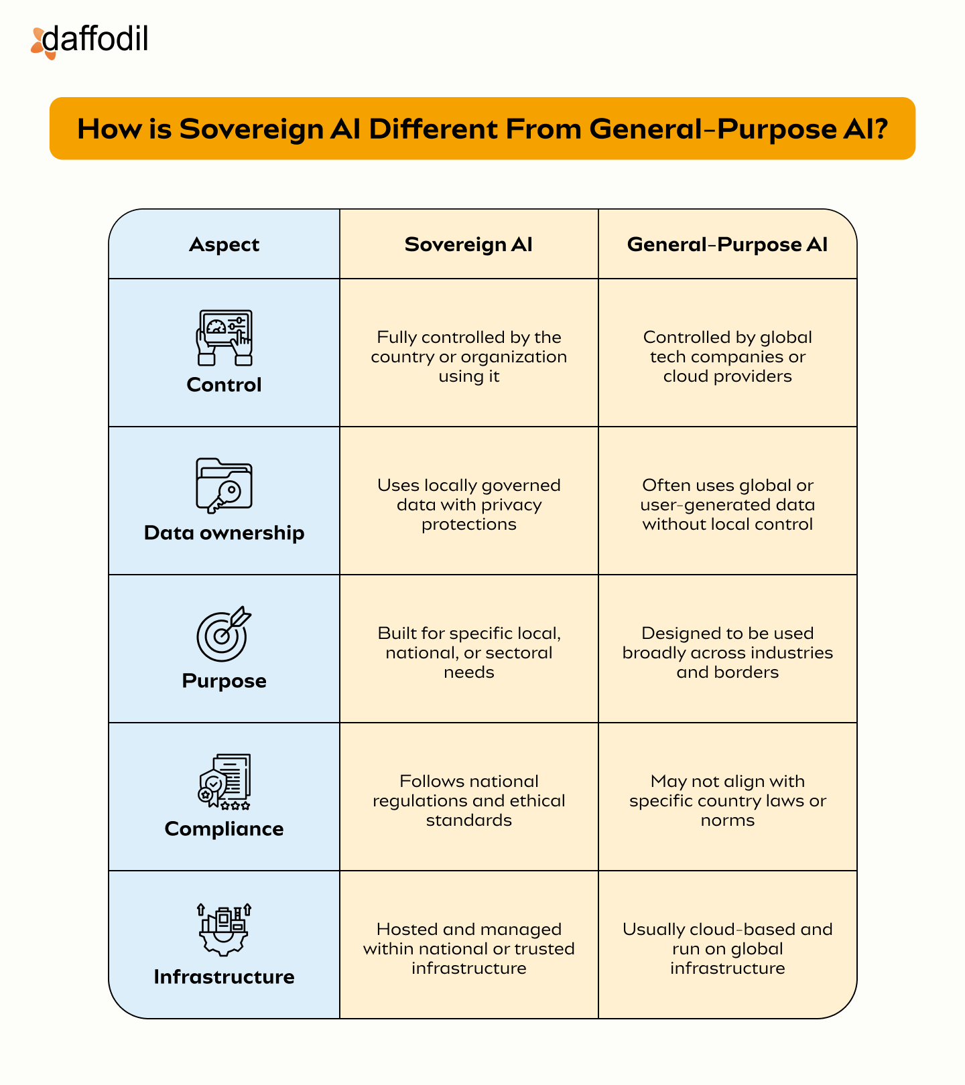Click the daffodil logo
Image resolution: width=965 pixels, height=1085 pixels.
pos(90,40)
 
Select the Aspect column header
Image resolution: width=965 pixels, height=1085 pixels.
pos(224,244)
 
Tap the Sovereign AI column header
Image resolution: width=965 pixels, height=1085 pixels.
pos(468,244)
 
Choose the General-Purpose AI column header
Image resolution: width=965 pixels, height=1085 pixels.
pos(727,244)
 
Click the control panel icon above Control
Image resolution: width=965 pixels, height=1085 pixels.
pos(224,337)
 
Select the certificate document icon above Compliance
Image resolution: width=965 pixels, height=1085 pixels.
pos(224,782)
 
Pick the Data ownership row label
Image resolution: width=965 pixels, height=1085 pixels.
pos(224,533)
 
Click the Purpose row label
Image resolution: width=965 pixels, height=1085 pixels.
pos(224,681)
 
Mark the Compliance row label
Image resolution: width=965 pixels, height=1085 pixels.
pos(224,829)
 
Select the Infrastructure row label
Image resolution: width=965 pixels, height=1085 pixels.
pos(224,977)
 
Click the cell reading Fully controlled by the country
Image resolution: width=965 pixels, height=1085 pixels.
pos(469,356)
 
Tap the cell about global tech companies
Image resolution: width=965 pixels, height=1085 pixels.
pos(727,356)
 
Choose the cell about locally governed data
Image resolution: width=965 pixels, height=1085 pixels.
pos(469,504)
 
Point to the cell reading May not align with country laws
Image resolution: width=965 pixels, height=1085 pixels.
pos(727,800)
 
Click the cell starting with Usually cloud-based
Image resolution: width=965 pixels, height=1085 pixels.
pos(727,948)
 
